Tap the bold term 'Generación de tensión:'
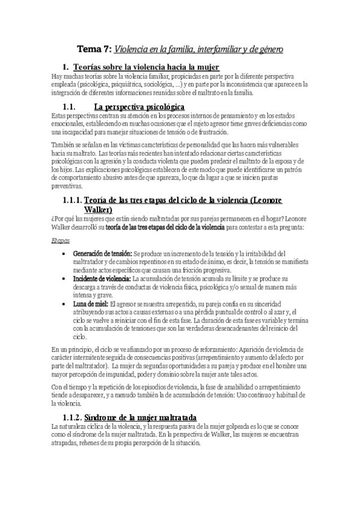click(102, 253)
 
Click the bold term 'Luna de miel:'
click(91, 305)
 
